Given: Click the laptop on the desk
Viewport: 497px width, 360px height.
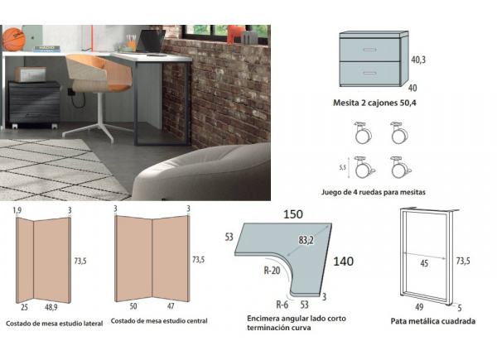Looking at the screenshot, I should coord(152,41).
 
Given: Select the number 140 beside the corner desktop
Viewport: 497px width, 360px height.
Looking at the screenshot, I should coord(344,262).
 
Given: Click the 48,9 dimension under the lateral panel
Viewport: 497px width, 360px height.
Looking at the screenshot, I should coord(51,307).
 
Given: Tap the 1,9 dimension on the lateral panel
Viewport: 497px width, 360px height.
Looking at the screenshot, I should coord(17,212).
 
